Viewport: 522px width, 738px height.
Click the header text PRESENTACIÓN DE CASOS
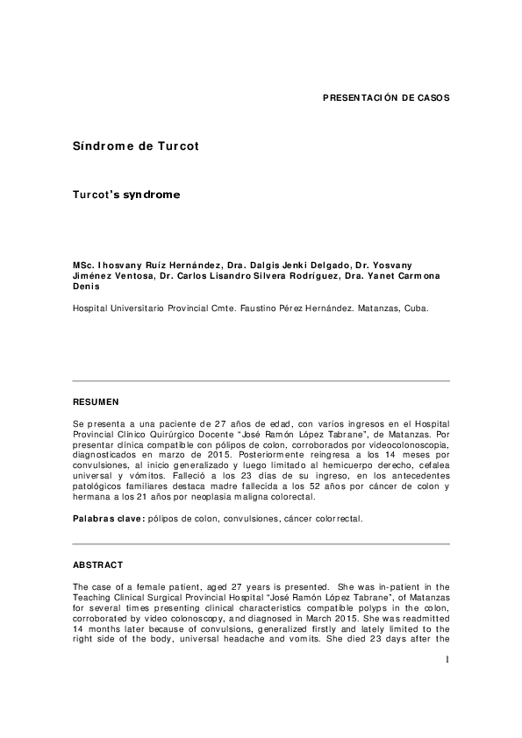coord(386,97)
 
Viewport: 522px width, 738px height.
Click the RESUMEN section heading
coord(95,401)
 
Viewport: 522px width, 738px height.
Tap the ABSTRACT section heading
coord(98,564)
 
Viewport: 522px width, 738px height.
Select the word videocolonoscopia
coord(404,444)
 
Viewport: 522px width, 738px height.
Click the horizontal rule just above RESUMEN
coord(261,381)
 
